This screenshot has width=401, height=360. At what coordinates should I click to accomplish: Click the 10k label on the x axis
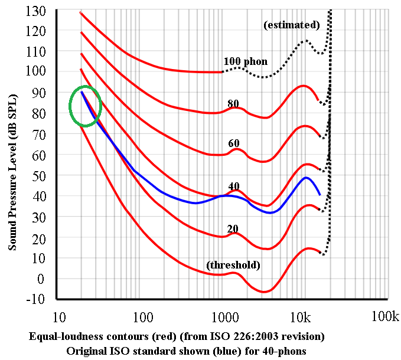300,317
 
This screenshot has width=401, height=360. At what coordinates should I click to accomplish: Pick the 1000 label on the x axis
223,317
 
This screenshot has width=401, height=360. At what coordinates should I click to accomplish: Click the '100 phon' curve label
245,61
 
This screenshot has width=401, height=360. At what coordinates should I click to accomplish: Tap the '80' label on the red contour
233,104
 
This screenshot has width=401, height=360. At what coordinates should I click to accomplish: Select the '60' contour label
234,144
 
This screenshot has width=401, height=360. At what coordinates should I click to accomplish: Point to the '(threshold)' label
233,265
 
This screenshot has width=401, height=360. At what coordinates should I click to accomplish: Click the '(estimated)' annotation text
291,25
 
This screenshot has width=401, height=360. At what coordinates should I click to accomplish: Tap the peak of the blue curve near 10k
306,177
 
